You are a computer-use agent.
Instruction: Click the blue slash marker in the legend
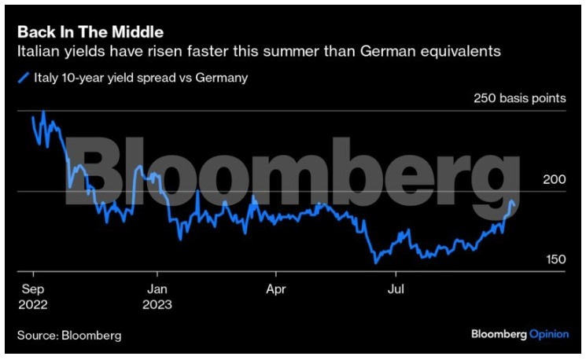coord(23,78)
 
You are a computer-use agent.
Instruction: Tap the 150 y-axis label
coord(555,259)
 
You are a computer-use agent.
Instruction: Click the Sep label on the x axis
coord(32,288)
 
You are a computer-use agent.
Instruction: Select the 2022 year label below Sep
coord(33,303)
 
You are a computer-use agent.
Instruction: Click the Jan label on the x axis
coord(157,288)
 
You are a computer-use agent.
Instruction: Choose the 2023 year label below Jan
coord(158,303)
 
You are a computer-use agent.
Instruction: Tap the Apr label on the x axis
coord(276,288)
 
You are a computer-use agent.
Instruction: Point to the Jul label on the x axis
coord(396,288)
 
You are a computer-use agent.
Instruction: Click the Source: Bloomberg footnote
coord(69,336)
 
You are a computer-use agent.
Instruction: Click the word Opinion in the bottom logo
coord(548,334)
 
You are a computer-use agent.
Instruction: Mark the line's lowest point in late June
coord(375,263)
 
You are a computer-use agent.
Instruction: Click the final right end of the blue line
coord(515,206)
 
